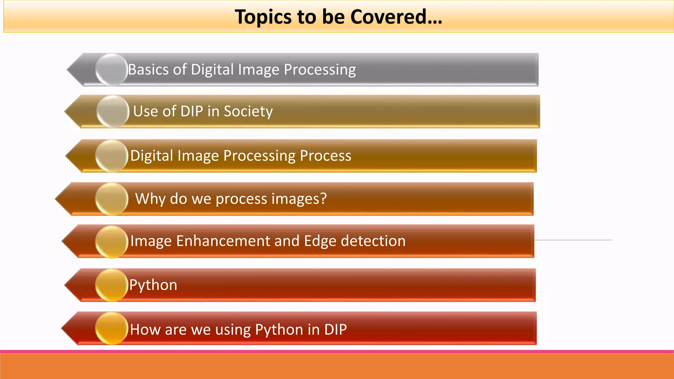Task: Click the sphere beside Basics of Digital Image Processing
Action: [x=111, y=70]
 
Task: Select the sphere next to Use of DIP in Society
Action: [x=113, y=112]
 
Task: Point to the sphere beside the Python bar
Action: [x=112, y=285]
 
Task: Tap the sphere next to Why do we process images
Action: [x=112, y=199]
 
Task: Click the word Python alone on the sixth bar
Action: [x=153, y=285]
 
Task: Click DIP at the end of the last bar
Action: [x=335, y=329]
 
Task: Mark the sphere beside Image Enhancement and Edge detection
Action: [x=112, y=242]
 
